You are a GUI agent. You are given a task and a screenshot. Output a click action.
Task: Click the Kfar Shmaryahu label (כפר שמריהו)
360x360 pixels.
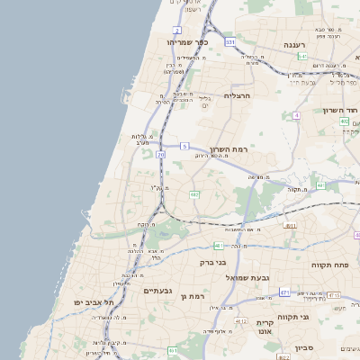tap(188, 42)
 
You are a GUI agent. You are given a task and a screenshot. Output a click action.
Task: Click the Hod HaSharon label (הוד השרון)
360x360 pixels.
tap(341, 110)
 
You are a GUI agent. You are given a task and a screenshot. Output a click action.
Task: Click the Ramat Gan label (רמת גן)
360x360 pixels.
tap(193, 296)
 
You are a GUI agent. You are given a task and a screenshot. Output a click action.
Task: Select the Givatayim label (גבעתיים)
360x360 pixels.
tap(157, 291)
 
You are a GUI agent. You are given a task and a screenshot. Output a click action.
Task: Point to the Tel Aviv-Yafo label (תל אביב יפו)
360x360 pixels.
tap(92, 302)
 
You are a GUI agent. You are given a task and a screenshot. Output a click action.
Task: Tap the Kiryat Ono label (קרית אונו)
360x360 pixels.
tap(265, 327)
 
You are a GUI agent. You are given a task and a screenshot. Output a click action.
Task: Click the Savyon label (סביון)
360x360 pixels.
tap(303, 347)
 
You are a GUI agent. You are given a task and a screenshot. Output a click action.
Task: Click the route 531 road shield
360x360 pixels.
tap(230, 42)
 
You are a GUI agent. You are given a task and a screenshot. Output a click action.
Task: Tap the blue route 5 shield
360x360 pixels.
tap(184, 146)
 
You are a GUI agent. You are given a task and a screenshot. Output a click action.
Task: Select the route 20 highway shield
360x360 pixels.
tap(161, 155)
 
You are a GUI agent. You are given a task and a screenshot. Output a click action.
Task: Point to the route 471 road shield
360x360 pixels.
tap(284, 292)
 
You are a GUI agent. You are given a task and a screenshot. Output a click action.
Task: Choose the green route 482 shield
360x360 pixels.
tap(194, 194)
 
